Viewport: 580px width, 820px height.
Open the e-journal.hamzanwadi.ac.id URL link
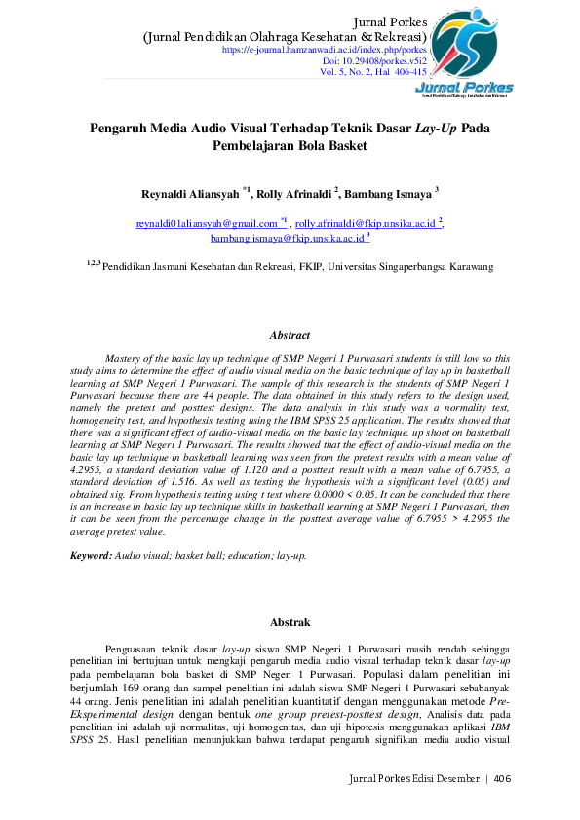pos(325,49)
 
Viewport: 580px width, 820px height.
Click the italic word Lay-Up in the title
pos(436,128)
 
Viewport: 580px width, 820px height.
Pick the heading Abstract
pos(290,335)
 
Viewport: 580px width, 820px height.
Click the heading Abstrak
pos(290,621)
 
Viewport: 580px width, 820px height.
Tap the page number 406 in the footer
pos(502,778)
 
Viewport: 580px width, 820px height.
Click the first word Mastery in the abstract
pos(126,359)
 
